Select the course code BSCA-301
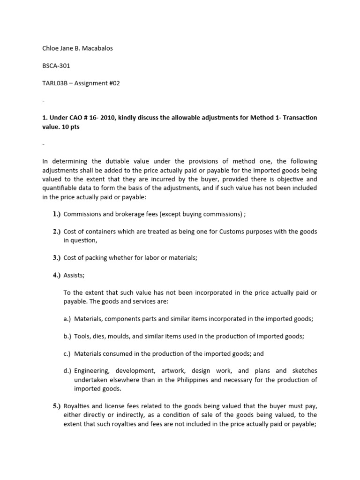pyautogui.click(x=56, y=66)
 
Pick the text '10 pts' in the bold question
pyautogui.click(x=70, y=127)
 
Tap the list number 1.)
pyautogui.click(x=57, y=214)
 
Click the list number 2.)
pyautogui.click(x=57, y=232)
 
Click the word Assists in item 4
pyautogui.click(x=73, y=275)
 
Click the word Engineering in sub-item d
pyautogui.click(x=91, y=371)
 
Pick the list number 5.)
pyautogui.click(x=57, y=406)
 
